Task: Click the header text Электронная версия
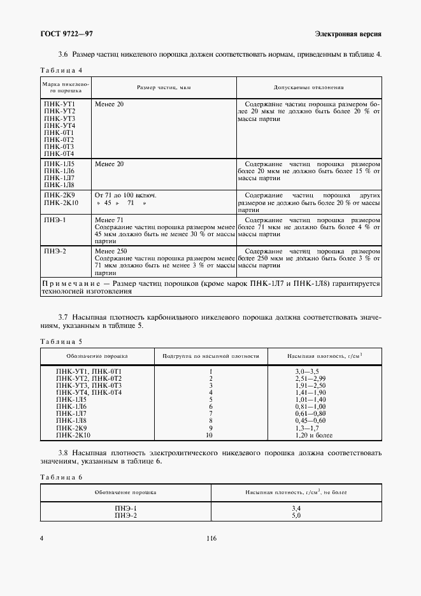pyautogui.click(x=348, y=33)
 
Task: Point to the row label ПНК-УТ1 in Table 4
pyautogui.click(x=59, y=103)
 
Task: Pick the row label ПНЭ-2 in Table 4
pyautogui.click(x=55, y=251)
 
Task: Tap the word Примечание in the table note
pyautogui.click(x=68, y=283)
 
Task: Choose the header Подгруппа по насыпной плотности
pyautogui.click(x=210, y=356)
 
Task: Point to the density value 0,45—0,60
pyautogui.click(x=310, y=420)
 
